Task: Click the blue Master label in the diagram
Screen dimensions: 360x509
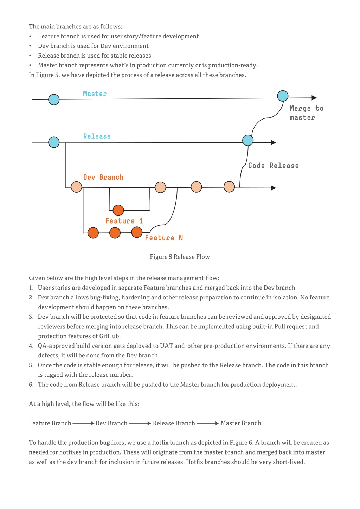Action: click(x=95, y=94)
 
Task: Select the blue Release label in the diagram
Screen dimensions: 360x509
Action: click(x=97, y=136)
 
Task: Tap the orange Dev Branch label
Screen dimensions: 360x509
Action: click(x=103, y=177)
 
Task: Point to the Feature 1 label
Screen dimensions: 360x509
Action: click(x=124, y=221)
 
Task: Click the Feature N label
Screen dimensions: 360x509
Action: click(x=164, y=238)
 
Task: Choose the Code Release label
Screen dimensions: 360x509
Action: click(x=274, y=166)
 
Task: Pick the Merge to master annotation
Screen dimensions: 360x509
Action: click(x=306, y=113)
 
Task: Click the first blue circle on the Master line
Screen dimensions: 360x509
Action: click(x=54, y=99)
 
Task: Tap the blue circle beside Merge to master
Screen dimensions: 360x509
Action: click(x=283, y=96)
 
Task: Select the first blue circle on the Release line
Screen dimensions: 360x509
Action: click(x=54, y=142)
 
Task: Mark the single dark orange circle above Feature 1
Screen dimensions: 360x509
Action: click(x=118, y=210)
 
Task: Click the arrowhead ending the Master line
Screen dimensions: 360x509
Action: click(x=314, y=98)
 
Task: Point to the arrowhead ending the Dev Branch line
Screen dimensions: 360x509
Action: click(x=274, y=188)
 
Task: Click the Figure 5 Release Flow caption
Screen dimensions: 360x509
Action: click(x=180, y=257)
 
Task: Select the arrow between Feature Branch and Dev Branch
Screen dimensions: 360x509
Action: click(x=83, y=423)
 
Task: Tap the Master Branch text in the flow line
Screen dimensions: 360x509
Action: click(x=241, y=423)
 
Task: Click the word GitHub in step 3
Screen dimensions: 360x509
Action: click(x=110, y=336)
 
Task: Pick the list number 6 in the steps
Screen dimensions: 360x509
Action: click(x=31, y=385)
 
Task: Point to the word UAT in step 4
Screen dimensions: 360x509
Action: click(x=166, y=346)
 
